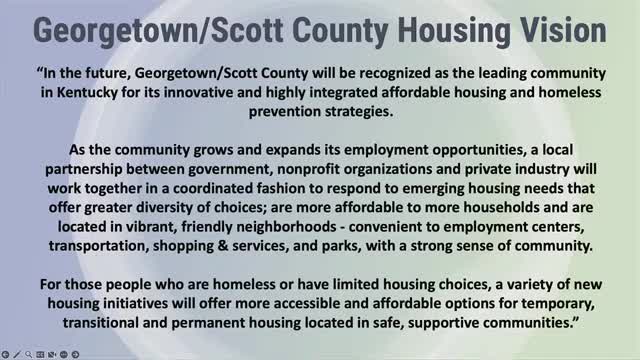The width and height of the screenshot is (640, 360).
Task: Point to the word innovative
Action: click(x=184, y=92)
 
